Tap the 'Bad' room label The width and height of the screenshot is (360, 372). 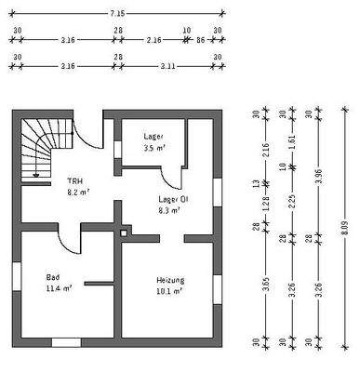(x=53, y=276)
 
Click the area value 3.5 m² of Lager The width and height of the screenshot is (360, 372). (x=153, y=148)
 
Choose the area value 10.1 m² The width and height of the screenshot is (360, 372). (x=167, y=291)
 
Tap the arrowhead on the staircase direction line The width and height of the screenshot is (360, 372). (x=36, y=173)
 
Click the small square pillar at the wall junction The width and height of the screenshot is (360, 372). (x=122, y=231)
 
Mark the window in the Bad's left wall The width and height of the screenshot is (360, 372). (x=16, y=277)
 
